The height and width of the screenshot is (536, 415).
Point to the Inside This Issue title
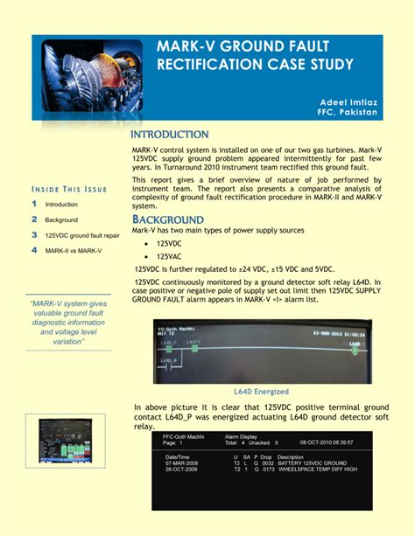click(x=69, y=189)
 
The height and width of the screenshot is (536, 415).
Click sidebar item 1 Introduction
click(x=61, y=204)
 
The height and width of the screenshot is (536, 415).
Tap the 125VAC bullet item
click(x=169, y=255)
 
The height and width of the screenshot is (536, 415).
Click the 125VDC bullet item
click(x=169, y=243)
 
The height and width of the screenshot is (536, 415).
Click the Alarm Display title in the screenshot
click(x=242, y=435)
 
